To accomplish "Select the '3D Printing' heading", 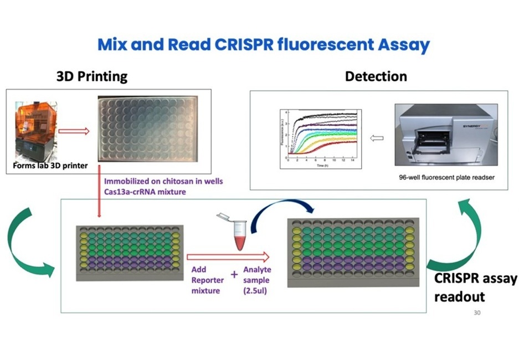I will [x=91, y=76].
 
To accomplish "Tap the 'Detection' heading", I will [x=376, y=76].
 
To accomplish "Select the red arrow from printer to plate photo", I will [x=74, y=132].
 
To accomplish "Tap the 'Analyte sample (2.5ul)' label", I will [x=257, y=280].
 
